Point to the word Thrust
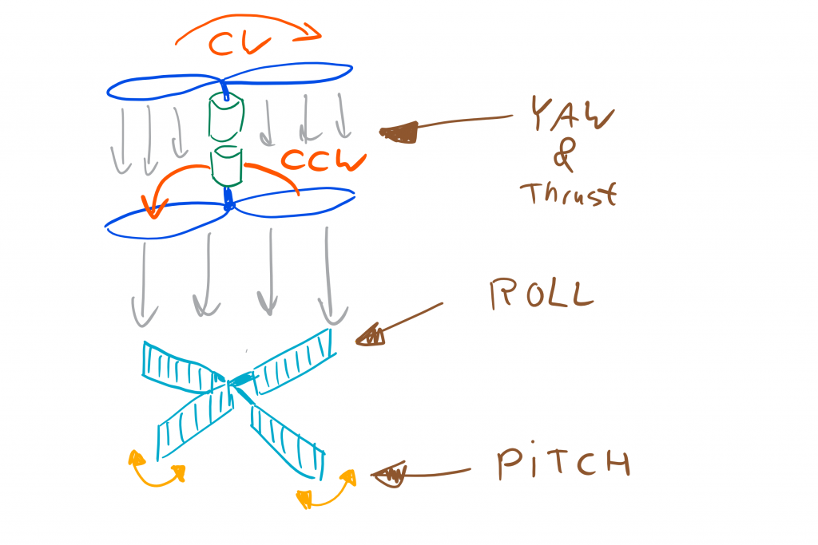click(x=568, y=194)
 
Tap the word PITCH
click(x=562, y=464)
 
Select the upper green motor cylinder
click(x=224, y=117)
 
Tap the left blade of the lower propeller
click(x=164, y=221)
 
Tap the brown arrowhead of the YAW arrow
click(x=399, y=132)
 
